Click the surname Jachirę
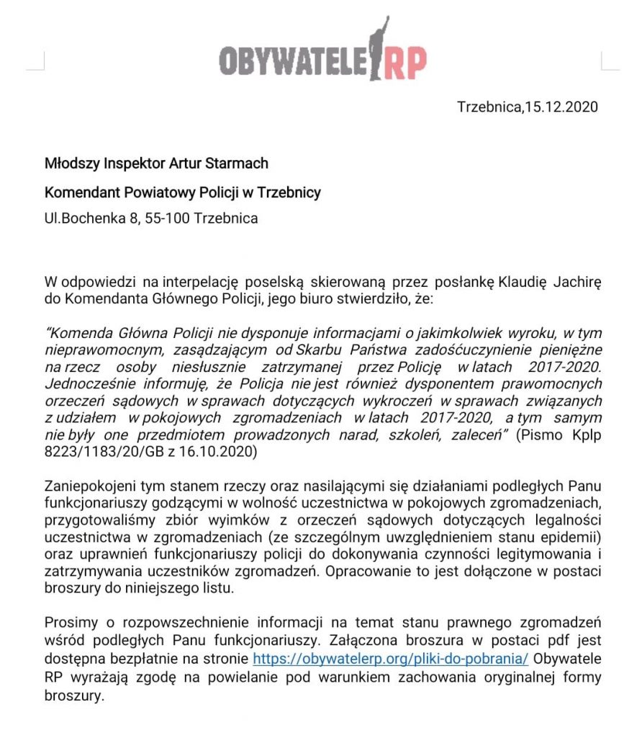(x=577, y=281)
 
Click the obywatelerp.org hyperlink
(x=391, y=658)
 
